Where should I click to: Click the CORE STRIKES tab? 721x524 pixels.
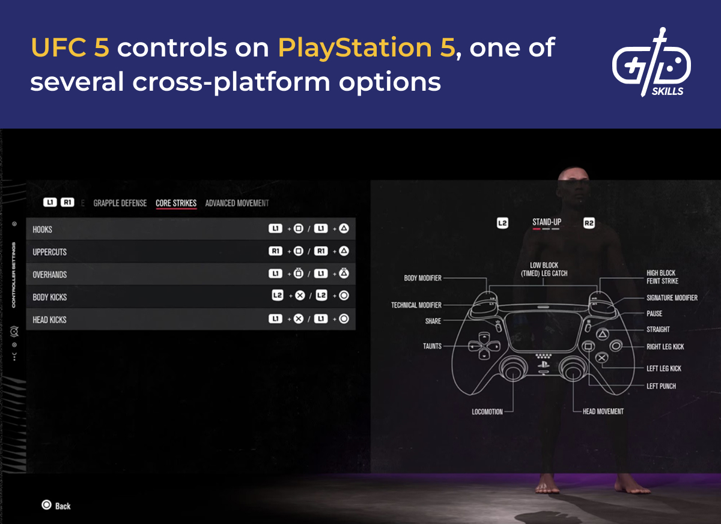click(x=176, y=203)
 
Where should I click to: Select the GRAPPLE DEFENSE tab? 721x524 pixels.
click(x=120, y=203)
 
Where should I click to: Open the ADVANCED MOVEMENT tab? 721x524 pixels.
click(x=237, y=203)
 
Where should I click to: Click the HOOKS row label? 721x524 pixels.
click(x=43, y=230)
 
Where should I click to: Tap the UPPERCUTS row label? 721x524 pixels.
click(x=49, y=252)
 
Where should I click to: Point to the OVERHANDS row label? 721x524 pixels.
click(x=49, y=275)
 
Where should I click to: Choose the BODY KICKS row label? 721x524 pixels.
click(x=49, y=297)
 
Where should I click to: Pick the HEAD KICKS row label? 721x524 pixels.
click(x=49, y=320)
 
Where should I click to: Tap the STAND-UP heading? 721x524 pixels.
click(x=546, y=222)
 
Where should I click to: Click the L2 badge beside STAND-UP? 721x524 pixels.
click(x=503, y=223)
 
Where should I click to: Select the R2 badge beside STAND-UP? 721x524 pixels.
click(x=589, y=223)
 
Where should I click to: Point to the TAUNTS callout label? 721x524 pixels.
click(x=432, y=346)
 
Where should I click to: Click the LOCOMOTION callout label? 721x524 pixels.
click(x=487, y=412)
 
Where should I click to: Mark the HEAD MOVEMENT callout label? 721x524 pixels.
click(x=603, y=412)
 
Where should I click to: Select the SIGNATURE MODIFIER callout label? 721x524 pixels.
click(x=672, y=297)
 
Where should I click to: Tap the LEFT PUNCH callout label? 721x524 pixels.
click(x=661, y=386)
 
